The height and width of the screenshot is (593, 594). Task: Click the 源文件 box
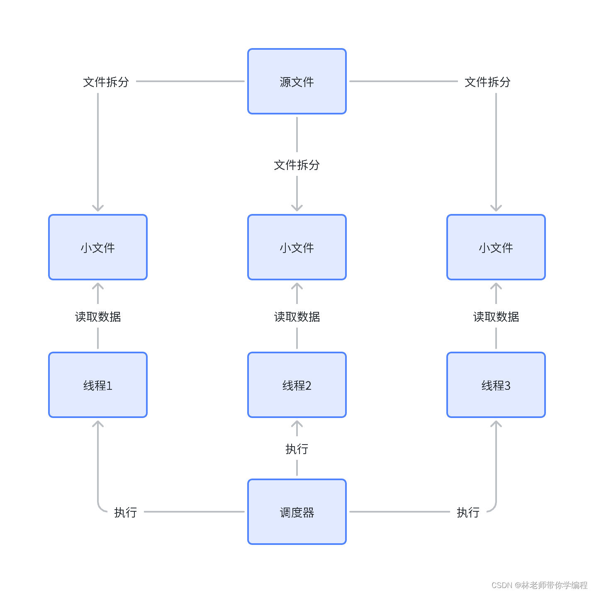(x=297, y=81)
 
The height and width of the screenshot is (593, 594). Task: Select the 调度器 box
(x=297, y=512)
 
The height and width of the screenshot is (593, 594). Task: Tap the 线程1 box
(x=98, y=385)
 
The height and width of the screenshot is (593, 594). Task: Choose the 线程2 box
(x=297, y=385)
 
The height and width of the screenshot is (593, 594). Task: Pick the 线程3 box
(x=496, y=385)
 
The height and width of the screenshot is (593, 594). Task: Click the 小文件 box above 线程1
(x=98, y=247)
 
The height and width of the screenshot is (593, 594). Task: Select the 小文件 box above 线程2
(x=297, y=247)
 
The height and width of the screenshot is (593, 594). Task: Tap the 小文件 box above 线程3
(x=496, y=247)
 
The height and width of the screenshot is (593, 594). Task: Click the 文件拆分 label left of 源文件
(x=106, y=82)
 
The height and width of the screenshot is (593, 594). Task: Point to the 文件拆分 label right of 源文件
(x=487, y=82)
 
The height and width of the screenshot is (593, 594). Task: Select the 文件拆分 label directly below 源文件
(x=297, y=165)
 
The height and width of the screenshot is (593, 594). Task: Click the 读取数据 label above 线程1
(x=98, y=316)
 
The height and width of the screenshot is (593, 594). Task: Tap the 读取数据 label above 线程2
(x=297, y=316)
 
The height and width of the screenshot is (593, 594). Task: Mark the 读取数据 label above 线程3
(x=496, y=316)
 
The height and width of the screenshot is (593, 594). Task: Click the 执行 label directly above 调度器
(x=297, y=449)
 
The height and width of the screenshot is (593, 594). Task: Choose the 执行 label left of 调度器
(x=125, y=512)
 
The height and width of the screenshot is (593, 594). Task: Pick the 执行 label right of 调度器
(x=468, y=512)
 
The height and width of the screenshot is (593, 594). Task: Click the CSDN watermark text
(x=539, y=585)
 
